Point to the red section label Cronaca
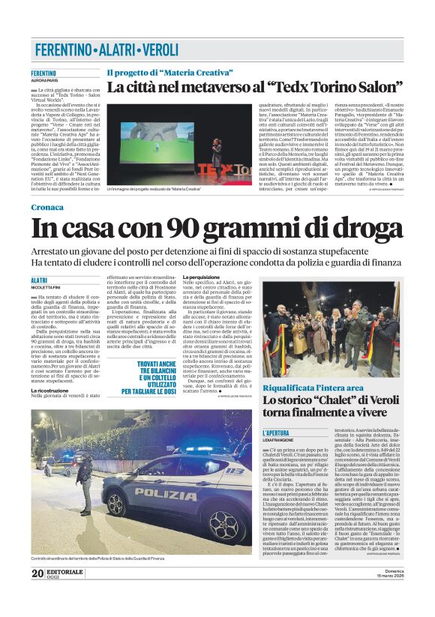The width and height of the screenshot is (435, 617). tap(48, 206)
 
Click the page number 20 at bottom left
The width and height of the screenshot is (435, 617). tap(37, 595)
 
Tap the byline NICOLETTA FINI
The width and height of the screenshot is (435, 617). tap(46, 287)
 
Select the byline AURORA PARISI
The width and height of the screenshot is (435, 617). tap(44, 80)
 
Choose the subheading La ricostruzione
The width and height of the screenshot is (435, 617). tap(53, 391)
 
